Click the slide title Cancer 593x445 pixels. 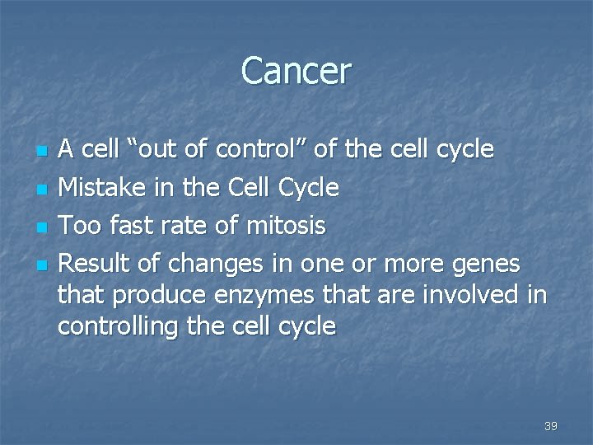point(296,71)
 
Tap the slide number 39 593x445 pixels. point(551,426)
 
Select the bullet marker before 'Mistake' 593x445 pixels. point(43,190)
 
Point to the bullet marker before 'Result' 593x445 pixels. point(43,265)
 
